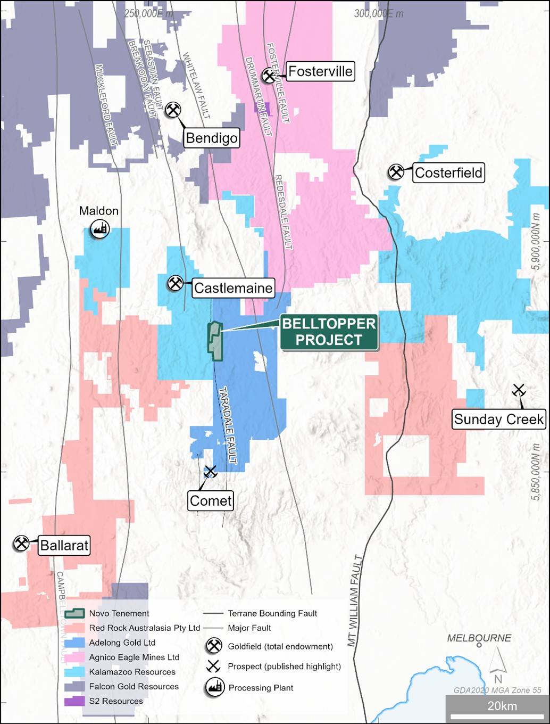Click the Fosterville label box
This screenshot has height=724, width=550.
coord(320,71)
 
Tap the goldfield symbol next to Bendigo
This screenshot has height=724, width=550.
coord(173,110)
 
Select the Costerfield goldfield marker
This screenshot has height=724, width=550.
coord(396,172)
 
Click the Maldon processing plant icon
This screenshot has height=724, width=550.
coord(99,229)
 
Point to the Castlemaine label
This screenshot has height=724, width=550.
coord(233,288)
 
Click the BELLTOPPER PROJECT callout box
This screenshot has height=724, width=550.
coord(329,332)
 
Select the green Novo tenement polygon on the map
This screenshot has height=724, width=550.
coord(215,341)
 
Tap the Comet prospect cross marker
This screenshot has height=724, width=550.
coord(211,472)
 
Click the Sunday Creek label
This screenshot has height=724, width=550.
coord(498,419)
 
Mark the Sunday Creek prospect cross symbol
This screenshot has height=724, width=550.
coord(518,390)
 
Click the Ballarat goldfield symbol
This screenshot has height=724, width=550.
coord(21,544)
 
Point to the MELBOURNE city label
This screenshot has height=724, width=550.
coord(479,638)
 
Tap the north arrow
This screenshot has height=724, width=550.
coord(498,665)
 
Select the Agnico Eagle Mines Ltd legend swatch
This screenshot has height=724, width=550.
coord(74,657)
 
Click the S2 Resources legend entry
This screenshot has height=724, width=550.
coord(115,701)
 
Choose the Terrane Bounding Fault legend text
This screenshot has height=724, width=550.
coord(272,613)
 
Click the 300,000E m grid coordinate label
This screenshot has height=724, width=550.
coord(379,14)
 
